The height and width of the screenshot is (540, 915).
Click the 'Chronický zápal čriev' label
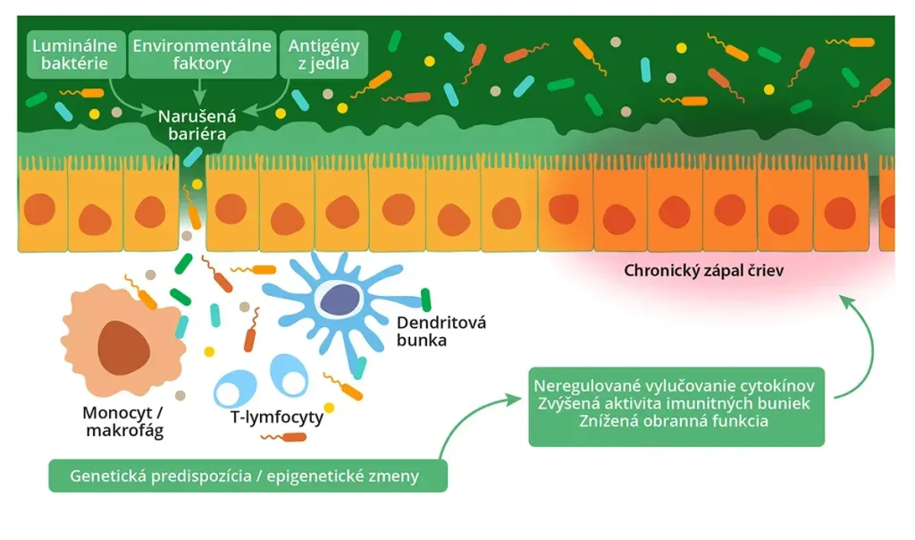point(705,269)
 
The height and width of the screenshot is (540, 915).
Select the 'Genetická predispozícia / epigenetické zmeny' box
point(248,476)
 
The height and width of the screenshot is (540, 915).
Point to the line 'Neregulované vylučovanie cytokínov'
point(675,385)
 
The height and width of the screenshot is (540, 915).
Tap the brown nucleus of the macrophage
point(123,345)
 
